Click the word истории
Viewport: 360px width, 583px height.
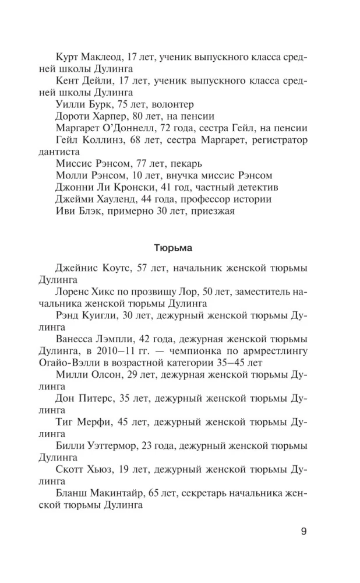point(254,199)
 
